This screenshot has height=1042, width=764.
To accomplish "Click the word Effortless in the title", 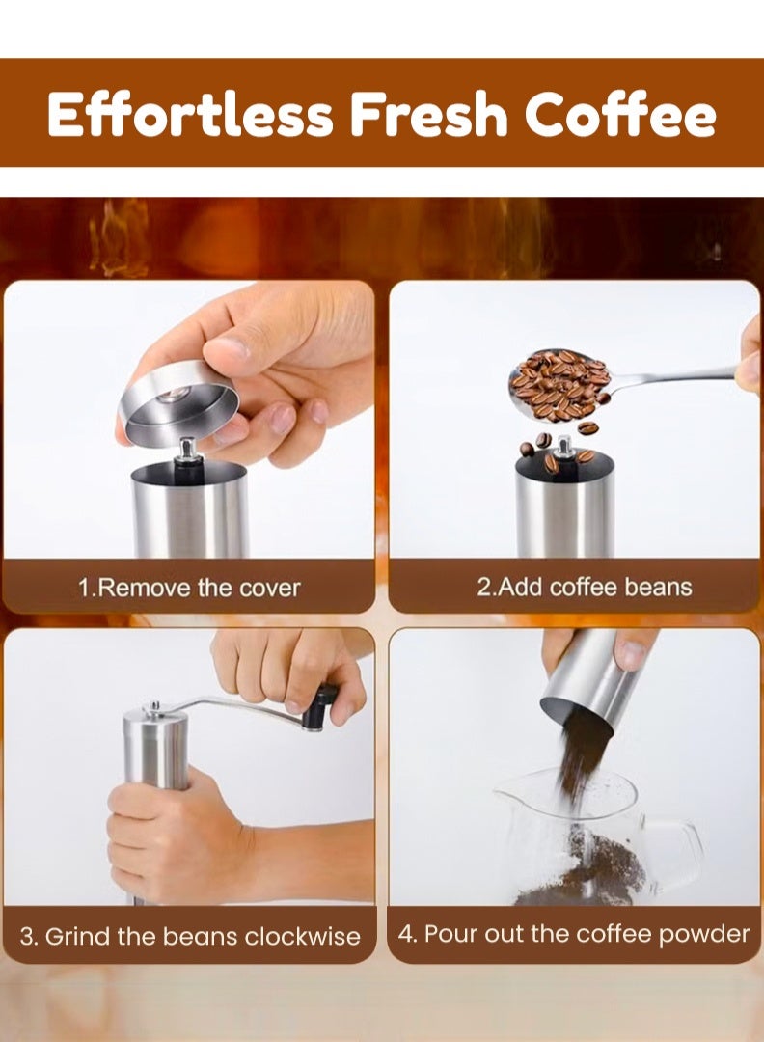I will [190, 115].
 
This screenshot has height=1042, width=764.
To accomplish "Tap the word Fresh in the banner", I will [427, 115].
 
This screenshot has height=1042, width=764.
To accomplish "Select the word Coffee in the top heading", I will [620, 115].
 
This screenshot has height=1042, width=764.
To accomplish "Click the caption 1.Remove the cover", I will [189, 588].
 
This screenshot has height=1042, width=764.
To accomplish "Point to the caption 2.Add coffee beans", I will [584, 588].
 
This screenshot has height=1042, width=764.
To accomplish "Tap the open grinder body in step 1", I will [190, 511].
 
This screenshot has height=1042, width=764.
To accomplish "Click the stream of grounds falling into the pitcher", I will [579, 762].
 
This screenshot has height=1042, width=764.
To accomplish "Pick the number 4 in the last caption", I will [406, 934].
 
